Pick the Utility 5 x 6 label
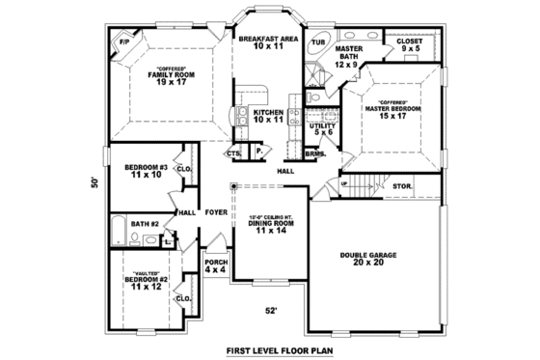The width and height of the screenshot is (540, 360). point(321,129)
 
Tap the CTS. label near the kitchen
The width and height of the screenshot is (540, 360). point(233,152)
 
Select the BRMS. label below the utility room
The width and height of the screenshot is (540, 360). point(314,152)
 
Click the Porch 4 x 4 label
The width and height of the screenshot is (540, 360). point(215,265)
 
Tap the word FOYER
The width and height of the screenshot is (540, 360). point(215,212)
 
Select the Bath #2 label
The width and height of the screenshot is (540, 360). point(145,225)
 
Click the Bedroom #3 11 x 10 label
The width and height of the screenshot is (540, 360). point(146,172)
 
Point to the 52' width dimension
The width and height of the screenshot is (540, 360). point(273,310)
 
